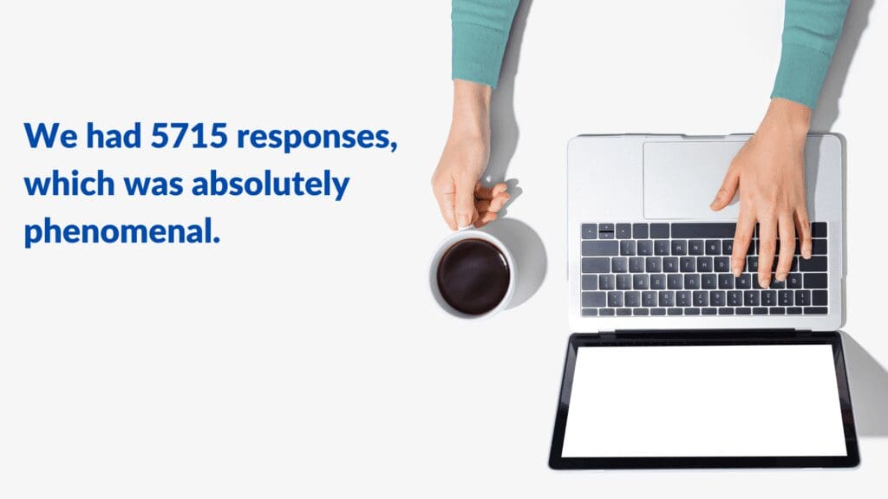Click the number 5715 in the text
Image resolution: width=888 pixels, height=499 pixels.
[x=189, y=136]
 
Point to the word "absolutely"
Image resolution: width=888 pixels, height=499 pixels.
[x=271, y=185]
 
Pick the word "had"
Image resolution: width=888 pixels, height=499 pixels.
[x=114, y=135]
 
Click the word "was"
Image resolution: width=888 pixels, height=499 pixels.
[x=153, y=187]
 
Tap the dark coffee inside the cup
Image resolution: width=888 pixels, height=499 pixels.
[x=473, y=276]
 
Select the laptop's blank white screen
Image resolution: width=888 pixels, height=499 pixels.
[x=704, y=400]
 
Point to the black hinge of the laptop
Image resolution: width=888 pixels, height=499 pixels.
[x=705, y=334]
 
